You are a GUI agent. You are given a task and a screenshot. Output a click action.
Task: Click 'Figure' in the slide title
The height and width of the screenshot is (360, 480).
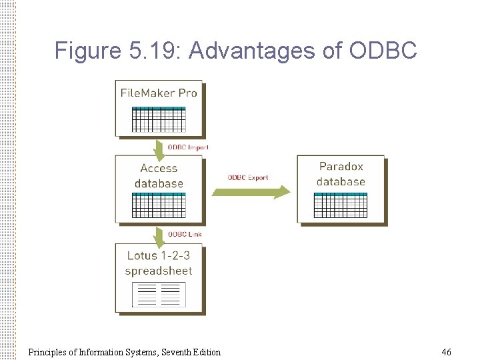85,51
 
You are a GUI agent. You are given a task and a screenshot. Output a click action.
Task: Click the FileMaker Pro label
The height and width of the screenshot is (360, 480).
159,93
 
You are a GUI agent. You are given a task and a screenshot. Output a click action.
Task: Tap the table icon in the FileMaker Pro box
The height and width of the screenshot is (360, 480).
159,119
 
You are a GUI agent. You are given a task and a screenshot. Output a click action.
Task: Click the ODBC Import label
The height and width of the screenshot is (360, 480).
188,147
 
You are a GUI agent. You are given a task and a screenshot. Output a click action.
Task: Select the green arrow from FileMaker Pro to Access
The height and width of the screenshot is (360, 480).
159,147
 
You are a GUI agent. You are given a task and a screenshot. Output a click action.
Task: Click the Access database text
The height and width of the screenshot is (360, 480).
159,176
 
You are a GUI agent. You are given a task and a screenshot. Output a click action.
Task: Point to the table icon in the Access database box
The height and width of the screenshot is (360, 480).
159,205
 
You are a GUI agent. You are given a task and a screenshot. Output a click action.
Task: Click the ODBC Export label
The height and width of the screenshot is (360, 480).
248,177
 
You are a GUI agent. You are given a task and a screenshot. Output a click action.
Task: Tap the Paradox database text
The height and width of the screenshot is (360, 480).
341,174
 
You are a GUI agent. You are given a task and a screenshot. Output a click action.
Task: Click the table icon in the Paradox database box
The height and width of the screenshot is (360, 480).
341,204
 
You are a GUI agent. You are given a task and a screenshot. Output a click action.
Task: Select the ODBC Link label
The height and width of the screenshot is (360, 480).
185,234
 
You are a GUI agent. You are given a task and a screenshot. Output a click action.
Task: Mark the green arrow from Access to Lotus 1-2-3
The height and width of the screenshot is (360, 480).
159,235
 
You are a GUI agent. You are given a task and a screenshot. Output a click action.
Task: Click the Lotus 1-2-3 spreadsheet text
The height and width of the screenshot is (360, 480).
159,263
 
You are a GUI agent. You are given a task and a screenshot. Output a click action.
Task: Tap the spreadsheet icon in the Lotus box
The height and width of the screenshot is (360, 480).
159,294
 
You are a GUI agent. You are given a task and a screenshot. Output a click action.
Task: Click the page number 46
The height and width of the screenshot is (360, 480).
446,351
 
